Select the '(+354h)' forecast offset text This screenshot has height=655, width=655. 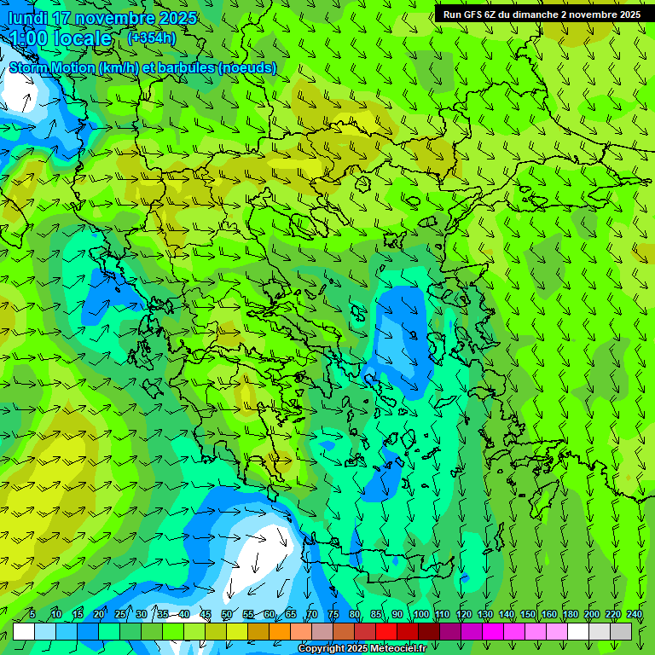(151, 38)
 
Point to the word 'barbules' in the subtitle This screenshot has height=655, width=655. (188, 67)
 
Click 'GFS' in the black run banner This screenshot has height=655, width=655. (471, 14)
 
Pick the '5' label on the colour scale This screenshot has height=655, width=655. (32, 614)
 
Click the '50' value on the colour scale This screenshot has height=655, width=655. (227, 614)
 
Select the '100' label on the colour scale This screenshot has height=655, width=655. (420, 614)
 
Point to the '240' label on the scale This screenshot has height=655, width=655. (635, 614)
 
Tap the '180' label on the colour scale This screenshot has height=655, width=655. (570, 614)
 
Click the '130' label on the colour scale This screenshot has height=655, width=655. (485, 614)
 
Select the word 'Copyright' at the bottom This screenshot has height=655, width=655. (322, 649)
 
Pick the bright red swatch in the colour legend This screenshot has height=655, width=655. (386, 631)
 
